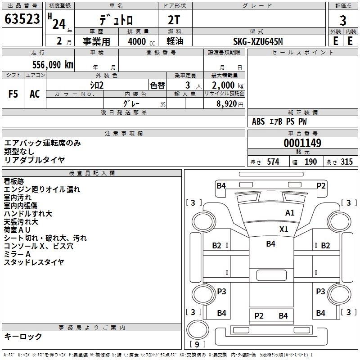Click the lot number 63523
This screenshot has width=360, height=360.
click(22, 19)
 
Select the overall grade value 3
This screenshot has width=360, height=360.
click(343, 21)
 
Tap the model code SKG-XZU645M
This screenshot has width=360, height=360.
click(258, 41)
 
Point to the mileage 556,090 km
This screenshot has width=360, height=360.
click(53, 65)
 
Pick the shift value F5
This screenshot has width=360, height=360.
click(13, 94)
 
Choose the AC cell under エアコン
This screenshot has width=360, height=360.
click(35, 94)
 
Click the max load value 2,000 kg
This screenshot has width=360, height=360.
click(228, 85)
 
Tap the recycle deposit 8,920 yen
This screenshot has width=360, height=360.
click(230, 104)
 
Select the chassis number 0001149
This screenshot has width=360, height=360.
click(302, 143)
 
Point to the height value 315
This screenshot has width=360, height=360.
click(346, 162)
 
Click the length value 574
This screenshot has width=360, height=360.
click(273, 162)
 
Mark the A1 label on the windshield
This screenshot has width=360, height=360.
click(290, 213)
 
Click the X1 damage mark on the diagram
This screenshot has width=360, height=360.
click(283, 229)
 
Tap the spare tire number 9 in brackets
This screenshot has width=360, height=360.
click(197, 344)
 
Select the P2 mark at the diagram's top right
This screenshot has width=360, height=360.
click(321, 185)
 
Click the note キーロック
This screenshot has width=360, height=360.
click(23, 336)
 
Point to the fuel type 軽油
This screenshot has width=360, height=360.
click(175, 41)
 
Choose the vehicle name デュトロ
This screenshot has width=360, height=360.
click(116, 20)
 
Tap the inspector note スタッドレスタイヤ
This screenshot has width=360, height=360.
click(34, 262)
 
